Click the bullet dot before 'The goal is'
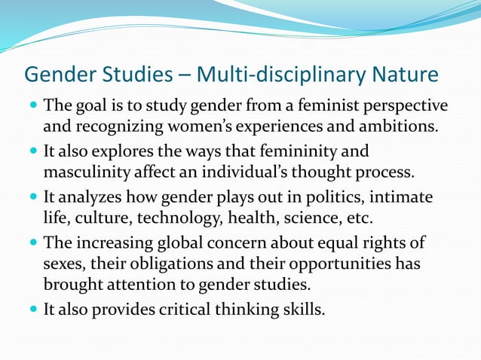click(x=32, y=105)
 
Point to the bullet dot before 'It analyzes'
click(x=32, y=198)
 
